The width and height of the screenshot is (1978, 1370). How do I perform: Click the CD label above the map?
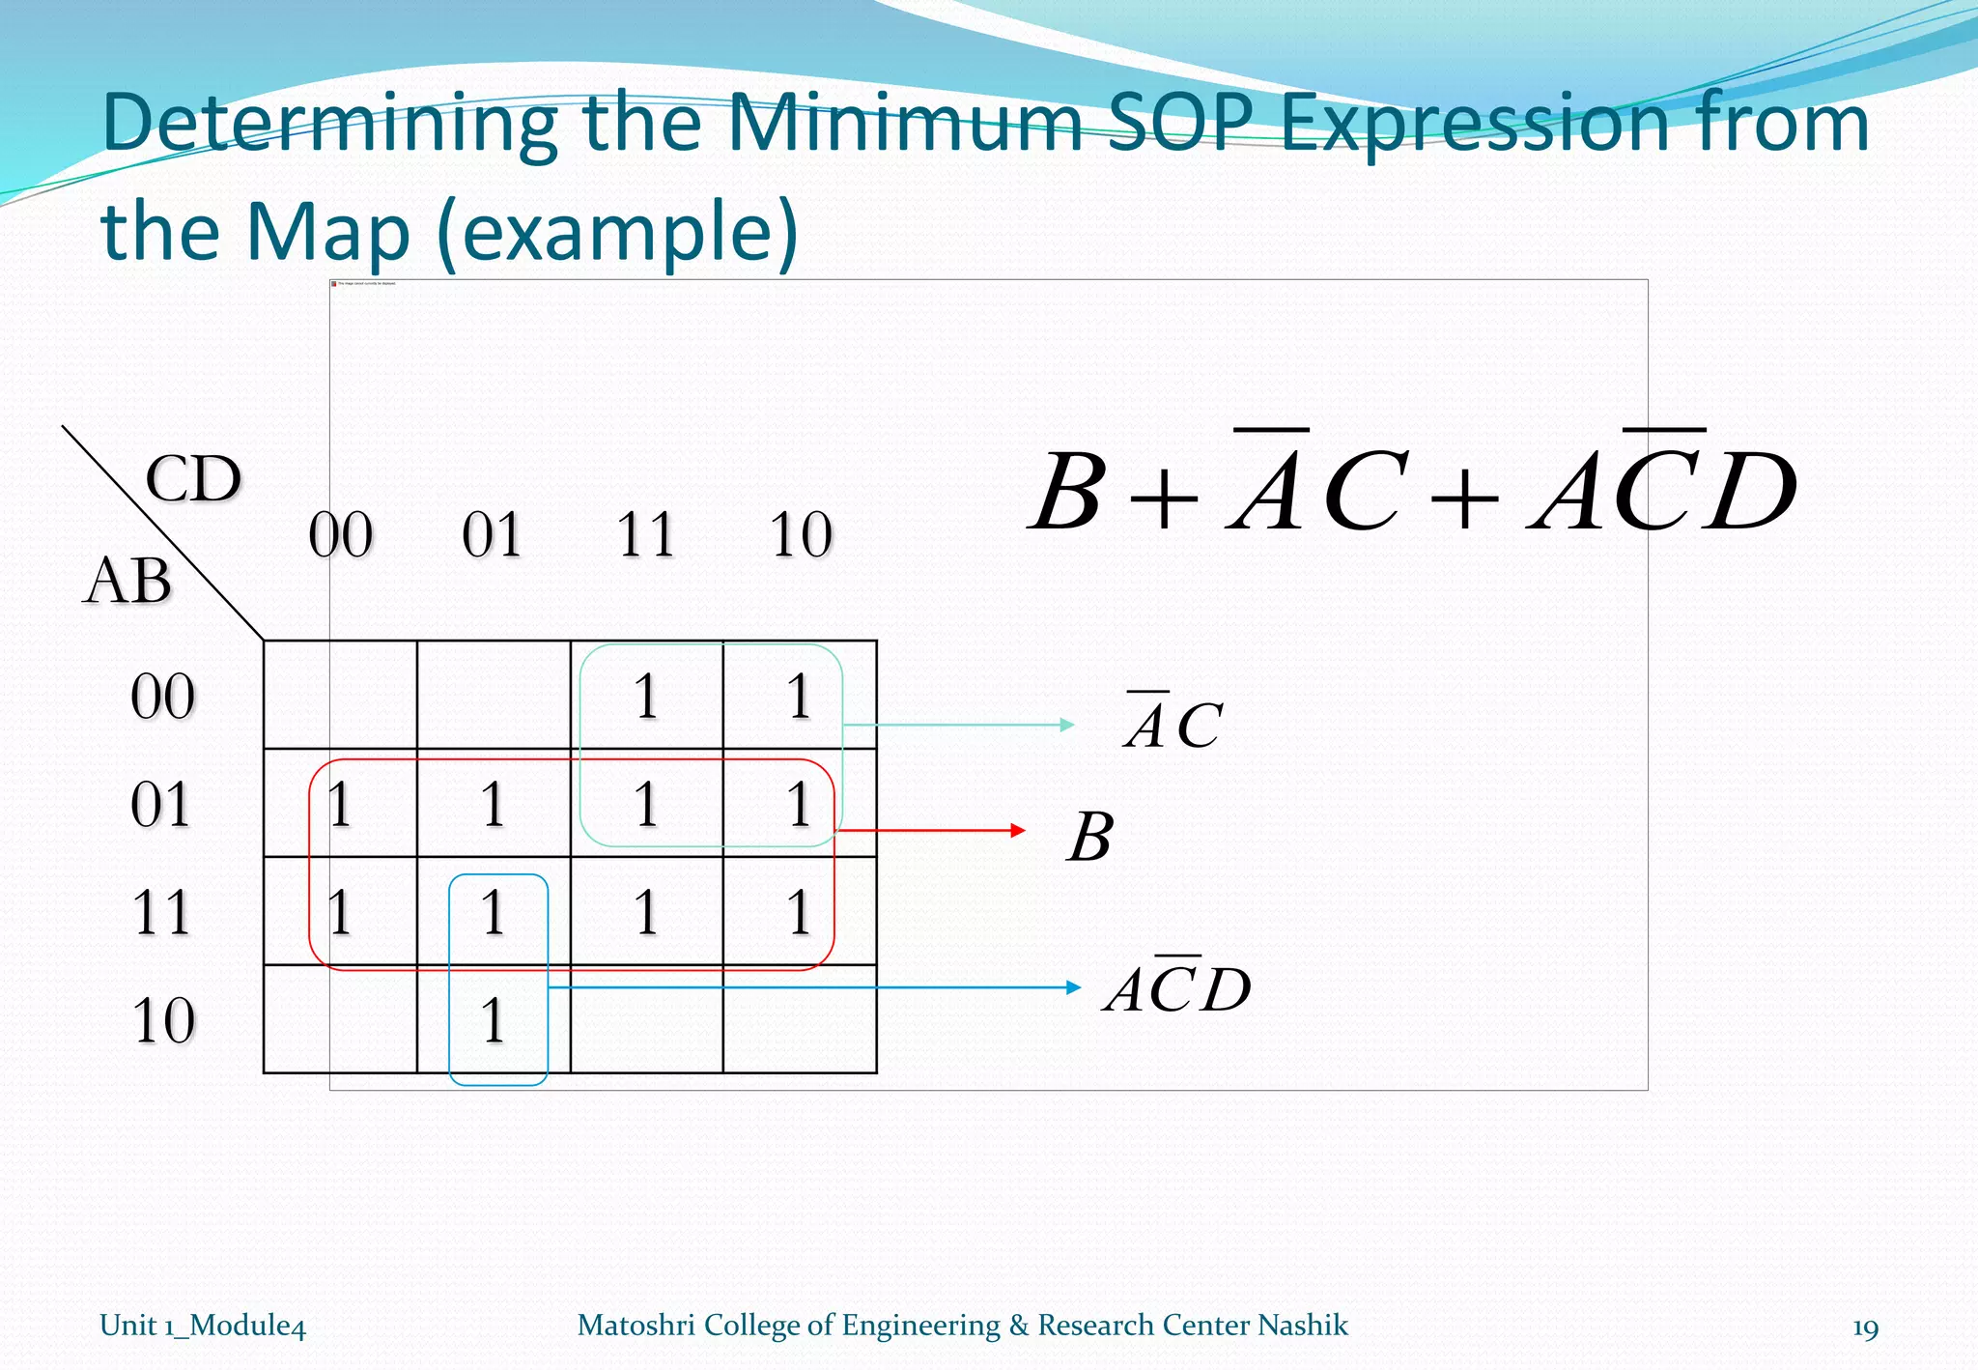coord(193,479)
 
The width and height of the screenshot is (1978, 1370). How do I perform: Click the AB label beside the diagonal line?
coord(128,582)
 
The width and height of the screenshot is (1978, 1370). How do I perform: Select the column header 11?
coord(646,534)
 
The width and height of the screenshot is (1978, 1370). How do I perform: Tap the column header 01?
coord(493,534)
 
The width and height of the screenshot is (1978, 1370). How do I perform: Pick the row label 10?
coord(163,1020)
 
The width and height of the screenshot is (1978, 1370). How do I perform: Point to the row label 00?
coord(163,697)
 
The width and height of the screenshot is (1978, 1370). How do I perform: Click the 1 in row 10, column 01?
coord(494,1020)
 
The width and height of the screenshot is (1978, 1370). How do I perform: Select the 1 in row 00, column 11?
coord(646,697)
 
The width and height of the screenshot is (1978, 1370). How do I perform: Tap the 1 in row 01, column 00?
coord(340,804)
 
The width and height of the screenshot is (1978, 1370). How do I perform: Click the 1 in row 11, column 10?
coord(799,912)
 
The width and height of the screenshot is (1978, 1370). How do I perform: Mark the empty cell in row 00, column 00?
coord(340,695)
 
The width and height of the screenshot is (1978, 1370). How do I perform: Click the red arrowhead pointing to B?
coord(1017,830)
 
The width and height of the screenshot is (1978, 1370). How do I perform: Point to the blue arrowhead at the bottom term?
coord(1073,987)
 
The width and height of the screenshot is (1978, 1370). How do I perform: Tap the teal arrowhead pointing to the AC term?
coord(1067,725)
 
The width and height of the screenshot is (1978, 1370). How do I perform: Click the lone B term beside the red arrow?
coord(1091,837)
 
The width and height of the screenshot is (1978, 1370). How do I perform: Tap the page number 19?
coord(1865,1327)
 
